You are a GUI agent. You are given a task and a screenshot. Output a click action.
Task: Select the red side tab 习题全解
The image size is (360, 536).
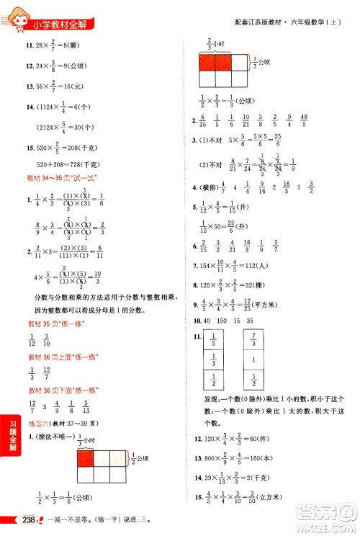coord(9,445)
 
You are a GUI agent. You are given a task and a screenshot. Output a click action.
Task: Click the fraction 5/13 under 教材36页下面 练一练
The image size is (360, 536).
coord(86,405)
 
